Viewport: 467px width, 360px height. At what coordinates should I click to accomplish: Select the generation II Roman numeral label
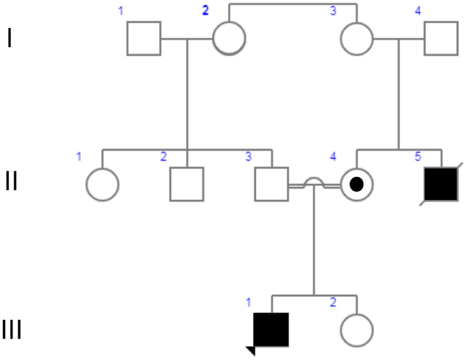click(12, 182)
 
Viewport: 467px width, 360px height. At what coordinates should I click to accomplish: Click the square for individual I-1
click(144, 38)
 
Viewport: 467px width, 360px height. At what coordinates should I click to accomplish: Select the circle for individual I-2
click(229, 38)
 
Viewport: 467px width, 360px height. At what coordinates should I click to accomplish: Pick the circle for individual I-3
click(357, 38)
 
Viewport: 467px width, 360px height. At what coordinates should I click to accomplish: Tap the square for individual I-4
click(441, 38)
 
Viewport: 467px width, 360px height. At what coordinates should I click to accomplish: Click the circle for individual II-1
click(102, 184)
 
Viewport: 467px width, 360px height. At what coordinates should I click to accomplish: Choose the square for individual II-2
click(186, 184)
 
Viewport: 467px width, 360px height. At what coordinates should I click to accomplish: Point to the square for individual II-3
click(272, 184)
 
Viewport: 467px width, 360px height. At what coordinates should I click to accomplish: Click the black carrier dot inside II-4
click(357, 185)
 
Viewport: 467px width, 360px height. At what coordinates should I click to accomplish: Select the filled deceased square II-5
click(441, 184)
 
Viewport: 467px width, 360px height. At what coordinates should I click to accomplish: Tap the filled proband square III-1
click(271, 329)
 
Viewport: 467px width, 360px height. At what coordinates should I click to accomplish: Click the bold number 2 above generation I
click(205, 12)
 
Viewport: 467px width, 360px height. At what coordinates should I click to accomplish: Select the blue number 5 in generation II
click(418, 157)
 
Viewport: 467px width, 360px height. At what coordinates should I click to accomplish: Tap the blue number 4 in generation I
click(418, 12)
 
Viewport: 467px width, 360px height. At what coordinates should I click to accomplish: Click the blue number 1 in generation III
click(248, 302)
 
